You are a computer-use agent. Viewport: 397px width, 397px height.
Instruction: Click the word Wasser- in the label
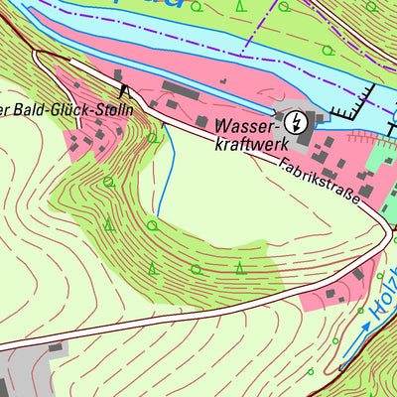point(247,127)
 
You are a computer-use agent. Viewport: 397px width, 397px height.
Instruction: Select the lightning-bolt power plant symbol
point(295,122)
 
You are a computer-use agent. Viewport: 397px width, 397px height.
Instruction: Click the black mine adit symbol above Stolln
point(124,91)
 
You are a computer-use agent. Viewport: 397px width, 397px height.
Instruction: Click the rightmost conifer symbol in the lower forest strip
point(240,266)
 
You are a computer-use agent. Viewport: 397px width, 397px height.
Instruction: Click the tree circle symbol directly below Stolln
point(151,138)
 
